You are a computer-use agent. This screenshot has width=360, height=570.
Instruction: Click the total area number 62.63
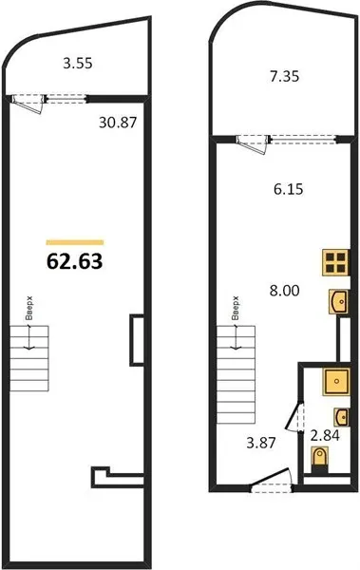click(x=74, y=261)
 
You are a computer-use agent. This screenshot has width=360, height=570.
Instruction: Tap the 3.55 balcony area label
click(x=78, y=64)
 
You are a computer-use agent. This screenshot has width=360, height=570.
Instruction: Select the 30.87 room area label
click(x=118, y=123)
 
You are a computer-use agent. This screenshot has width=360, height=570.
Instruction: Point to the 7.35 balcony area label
click(x=284, y=76)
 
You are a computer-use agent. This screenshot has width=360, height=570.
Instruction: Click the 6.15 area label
click(x=289, y=189)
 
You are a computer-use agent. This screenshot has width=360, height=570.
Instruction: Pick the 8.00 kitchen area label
click(x=284, y=291)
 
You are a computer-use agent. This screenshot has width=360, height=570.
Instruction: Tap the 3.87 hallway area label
click(x=261, y=443)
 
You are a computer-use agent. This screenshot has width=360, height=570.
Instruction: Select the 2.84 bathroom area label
click(x=325, y=435)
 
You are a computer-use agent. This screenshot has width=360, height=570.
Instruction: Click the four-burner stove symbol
click(x=335, y=262)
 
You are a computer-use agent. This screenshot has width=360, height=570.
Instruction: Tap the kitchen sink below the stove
click(x=339, y=301)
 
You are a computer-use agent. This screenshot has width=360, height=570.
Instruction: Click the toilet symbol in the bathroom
click(x=320, y=460)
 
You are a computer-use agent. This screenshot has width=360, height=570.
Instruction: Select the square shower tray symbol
click(x=336, y=381)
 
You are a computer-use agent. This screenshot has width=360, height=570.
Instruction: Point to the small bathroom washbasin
click(x=342, y=417)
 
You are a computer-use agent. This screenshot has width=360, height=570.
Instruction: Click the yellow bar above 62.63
click(x=75, y=242)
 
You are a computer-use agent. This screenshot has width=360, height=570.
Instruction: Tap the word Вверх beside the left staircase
click(x=29, y=308)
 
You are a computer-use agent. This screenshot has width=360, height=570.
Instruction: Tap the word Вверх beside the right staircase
click(x=237, y=308)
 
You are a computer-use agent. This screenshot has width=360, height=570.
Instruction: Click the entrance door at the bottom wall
click(x=272, y=481)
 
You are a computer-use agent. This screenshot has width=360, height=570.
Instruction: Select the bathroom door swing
click(x=294, y=417)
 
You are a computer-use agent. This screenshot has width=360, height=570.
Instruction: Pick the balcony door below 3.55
click(x=28, y=104)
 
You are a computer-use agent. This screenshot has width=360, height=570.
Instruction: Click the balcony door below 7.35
click(x=252, y=144)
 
